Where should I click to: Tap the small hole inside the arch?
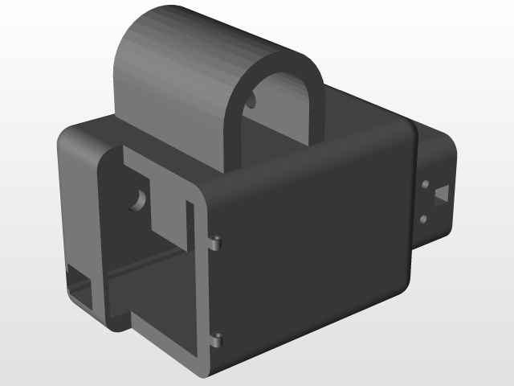click(251, 102)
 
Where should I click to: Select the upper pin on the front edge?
click(218, 242)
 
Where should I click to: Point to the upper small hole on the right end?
click(424, 185)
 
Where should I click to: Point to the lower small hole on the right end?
click(423, 218)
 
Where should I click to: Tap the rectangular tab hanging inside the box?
click(169, 201)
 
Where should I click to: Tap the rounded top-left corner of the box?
click(68, 137)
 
